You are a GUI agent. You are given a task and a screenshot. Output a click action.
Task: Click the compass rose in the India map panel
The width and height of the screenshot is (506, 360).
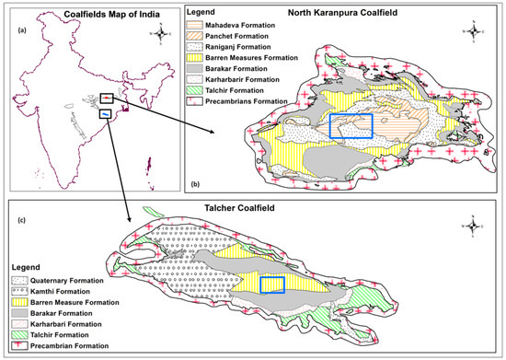162,33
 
